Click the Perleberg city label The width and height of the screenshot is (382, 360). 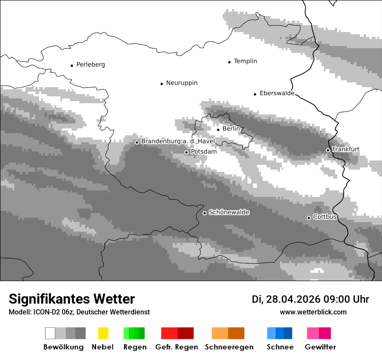point(90,65)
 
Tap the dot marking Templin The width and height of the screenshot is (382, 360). point(229,62)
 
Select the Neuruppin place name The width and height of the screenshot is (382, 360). point(181,83)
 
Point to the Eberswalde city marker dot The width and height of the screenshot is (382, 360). point(255,94)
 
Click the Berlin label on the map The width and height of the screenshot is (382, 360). point(231,129)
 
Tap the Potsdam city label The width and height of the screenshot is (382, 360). point(204,152)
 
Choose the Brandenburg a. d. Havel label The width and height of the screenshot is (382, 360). point(178,141)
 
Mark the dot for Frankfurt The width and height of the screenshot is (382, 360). point(328,151)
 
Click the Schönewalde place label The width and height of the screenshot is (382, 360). point(229,213)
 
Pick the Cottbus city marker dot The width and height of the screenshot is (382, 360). point(309,218)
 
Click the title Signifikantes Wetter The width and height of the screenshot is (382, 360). point(72,299)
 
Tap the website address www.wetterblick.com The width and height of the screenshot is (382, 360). point(313,312)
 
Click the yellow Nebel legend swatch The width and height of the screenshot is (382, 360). point(103,333)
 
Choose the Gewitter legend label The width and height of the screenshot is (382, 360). point(320,347)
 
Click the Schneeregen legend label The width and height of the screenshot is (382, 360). point(229,347)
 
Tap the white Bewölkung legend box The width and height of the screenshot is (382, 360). point(50,333)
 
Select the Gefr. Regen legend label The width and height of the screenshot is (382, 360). point(177,347)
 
